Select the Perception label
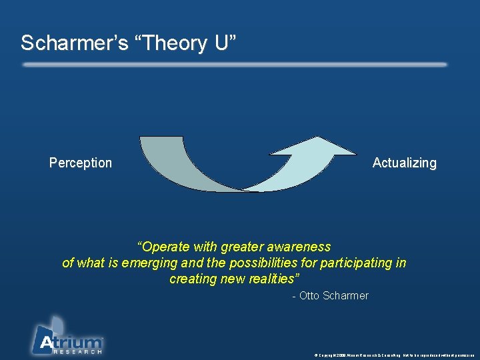[81, 163]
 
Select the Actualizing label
[404, 163]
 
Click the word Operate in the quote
[164, 247]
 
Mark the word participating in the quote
[356, 263]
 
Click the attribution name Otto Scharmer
[333, 295]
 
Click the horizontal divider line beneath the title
[233, 65]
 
